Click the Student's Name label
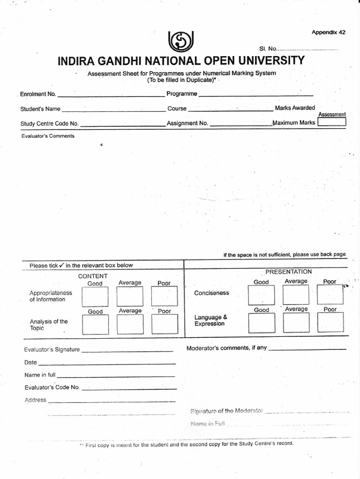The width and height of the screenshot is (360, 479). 40,109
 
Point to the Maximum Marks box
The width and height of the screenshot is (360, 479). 331,122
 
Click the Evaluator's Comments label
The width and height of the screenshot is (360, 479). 48,136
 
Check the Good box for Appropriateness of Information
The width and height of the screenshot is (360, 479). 95,296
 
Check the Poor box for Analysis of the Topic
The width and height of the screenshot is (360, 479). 165,324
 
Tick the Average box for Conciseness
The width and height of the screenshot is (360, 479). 296,295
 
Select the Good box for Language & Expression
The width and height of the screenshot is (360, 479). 261,323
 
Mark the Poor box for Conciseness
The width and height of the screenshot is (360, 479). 330,295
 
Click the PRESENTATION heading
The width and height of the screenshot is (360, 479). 288,271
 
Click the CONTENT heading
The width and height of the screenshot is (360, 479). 93,276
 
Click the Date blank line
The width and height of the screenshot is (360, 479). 107,363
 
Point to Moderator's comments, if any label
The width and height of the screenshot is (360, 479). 226,348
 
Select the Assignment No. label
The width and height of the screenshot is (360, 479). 187,124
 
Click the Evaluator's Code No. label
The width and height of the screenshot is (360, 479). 52,387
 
